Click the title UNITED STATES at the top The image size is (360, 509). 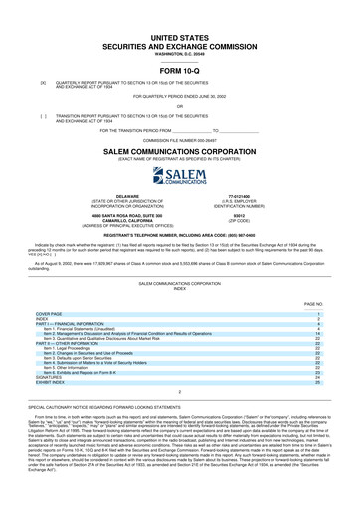point(179,35)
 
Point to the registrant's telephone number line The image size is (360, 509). point(179,234)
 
